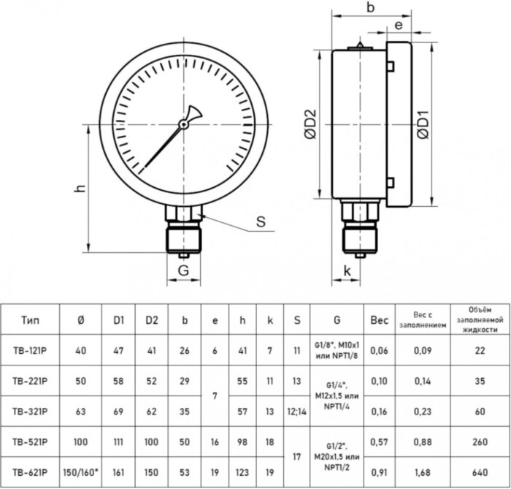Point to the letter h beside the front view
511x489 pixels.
(80, 188)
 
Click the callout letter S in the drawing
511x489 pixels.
(259, 223)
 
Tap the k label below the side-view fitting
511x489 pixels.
(347, 271)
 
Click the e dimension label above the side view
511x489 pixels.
(399, 26)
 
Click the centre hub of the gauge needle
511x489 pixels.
(184, 124)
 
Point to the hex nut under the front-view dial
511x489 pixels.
(183, 213)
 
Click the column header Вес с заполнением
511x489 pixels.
(420, 319)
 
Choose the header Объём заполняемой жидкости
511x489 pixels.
(480, 319)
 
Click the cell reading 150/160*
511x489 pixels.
(80, 472)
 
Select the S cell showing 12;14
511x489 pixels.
(296, 412)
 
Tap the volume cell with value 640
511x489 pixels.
(480, 472)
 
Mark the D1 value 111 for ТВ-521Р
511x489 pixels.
(118, 441)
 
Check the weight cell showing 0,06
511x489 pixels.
(380, 350)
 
